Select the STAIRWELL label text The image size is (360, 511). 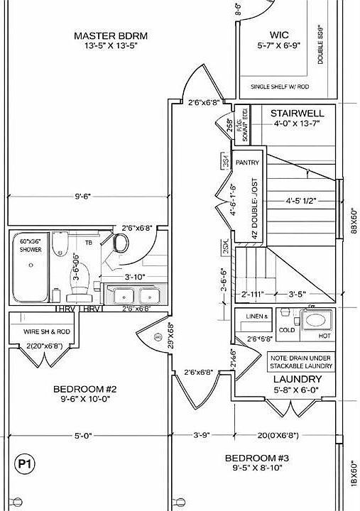297,113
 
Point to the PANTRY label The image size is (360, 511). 248,163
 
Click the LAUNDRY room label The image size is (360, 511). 298,379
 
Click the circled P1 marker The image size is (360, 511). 24,464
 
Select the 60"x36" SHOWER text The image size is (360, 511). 30,246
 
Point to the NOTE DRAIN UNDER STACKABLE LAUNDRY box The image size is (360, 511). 301,361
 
